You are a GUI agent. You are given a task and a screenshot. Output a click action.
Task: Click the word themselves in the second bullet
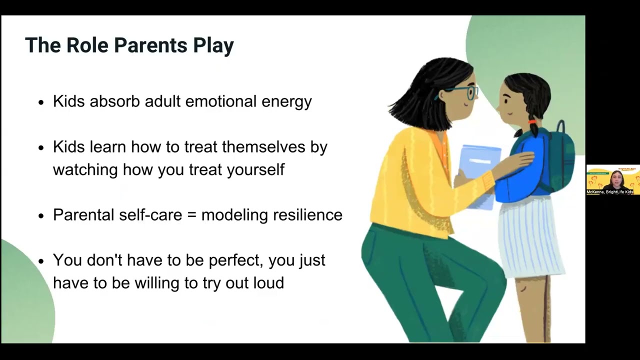click(264, 147)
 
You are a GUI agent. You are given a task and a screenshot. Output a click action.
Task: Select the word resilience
click(307, 215)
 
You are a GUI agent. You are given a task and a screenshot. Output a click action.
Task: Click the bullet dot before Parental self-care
click(41, 215)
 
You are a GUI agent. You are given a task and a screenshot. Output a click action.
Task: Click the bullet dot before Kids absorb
click(41, 102)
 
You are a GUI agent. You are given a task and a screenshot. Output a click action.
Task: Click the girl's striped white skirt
click(530, 235)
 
